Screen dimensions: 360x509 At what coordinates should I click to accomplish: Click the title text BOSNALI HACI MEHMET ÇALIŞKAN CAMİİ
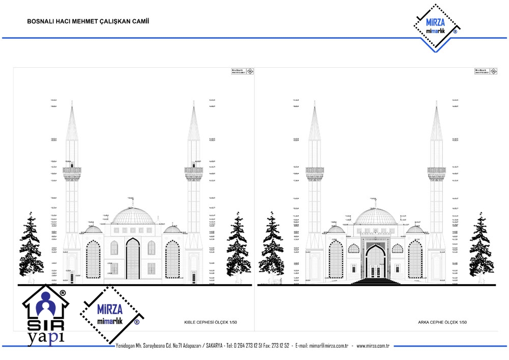[x=88, y=21]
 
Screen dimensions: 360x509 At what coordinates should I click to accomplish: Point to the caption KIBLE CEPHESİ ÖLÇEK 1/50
[x=211, y=322]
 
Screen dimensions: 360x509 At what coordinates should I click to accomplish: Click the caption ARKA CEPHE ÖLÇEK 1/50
[x=442, y=322]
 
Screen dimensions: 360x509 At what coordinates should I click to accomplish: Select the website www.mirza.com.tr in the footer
[x=373, y=346]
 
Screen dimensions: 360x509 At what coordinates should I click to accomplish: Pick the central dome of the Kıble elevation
[x=133, y=216]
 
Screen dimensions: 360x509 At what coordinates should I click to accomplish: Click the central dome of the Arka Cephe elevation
[x=376, y=216]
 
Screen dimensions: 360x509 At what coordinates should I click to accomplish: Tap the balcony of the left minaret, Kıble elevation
[x=72, y=171]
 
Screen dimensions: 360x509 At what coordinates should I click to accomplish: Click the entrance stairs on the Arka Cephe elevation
[x=376, y=281]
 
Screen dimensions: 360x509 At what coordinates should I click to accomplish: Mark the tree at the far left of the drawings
[x=32, y=244]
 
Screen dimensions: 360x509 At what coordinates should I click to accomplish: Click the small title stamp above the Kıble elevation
[x=242, y=71]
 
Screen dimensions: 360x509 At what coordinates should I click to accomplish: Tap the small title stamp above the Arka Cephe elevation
[x=486, y=71]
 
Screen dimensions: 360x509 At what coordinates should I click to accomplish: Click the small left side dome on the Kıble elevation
[x=93, y=230]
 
